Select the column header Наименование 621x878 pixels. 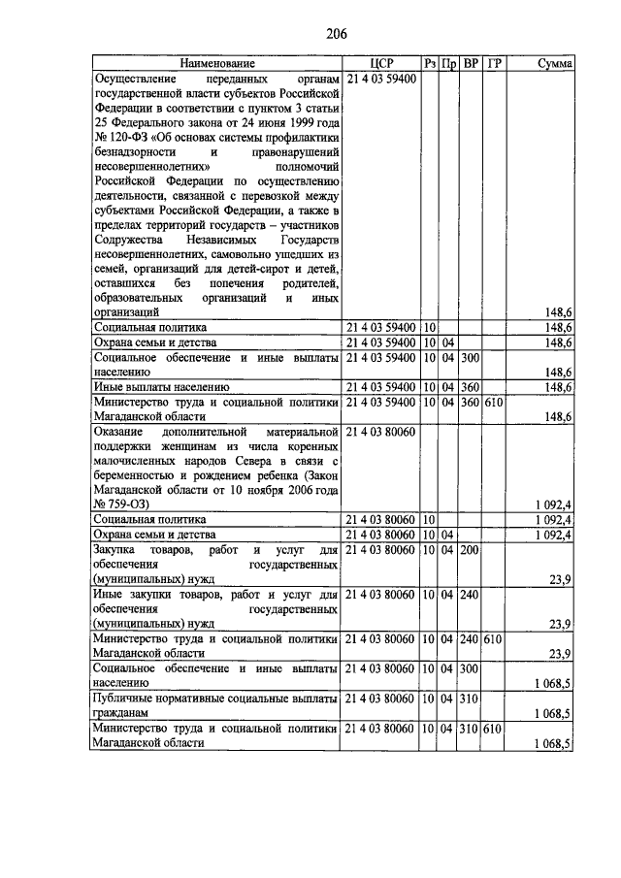click(216, 64)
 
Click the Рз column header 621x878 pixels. click(430, 64)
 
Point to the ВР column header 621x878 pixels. click(472, 64)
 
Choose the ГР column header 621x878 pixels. click(495, 64)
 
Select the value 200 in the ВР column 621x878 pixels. click(471, 550)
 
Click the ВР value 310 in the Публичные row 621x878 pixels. click(471, 698)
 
